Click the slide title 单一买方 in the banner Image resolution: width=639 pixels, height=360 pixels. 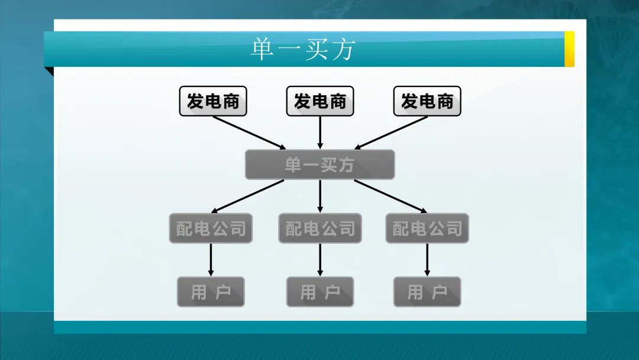coord(302,50)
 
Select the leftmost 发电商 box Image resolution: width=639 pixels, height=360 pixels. coord(213,101)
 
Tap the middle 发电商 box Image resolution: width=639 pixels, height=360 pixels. coord(320,101)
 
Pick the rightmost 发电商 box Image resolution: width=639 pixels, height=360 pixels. coord(427,101)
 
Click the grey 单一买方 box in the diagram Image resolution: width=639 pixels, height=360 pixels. coord(320,165)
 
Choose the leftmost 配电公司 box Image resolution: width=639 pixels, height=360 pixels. coord(211,229)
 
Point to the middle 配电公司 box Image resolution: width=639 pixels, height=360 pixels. coord(320,229)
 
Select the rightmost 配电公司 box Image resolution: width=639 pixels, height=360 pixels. coord(427,229)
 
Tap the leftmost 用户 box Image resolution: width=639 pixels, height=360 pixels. coord(211,292)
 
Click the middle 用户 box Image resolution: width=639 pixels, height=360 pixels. coord(320,292)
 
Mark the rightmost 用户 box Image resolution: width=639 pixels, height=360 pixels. coord(427,292)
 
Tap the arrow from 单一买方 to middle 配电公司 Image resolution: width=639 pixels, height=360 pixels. coord(320,196)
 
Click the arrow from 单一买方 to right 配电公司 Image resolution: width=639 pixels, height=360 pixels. coord(390,196)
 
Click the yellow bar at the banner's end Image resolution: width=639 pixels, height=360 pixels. coord(569,49)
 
